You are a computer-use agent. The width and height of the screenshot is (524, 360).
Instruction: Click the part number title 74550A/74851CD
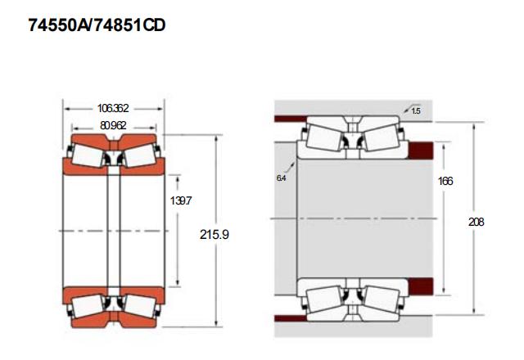coord(97,25)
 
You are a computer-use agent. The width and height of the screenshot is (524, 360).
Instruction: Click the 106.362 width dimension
coord(113,108)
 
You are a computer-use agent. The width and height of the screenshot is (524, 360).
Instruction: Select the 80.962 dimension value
coord(113,125)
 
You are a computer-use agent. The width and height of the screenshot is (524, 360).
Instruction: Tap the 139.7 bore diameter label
coord(181,200)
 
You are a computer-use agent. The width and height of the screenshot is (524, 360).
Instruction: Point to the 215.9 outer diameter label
coord(215,235)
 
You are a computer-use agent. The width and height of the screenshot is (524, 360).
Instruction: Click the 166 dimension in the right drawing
coord(445,181)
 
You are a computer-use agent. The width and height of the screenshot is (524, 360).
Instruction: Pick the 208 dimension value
coord(477,222)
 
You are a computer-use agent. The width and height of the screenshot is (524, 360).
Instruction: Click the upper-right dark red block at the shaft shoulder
coord(421,150)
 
